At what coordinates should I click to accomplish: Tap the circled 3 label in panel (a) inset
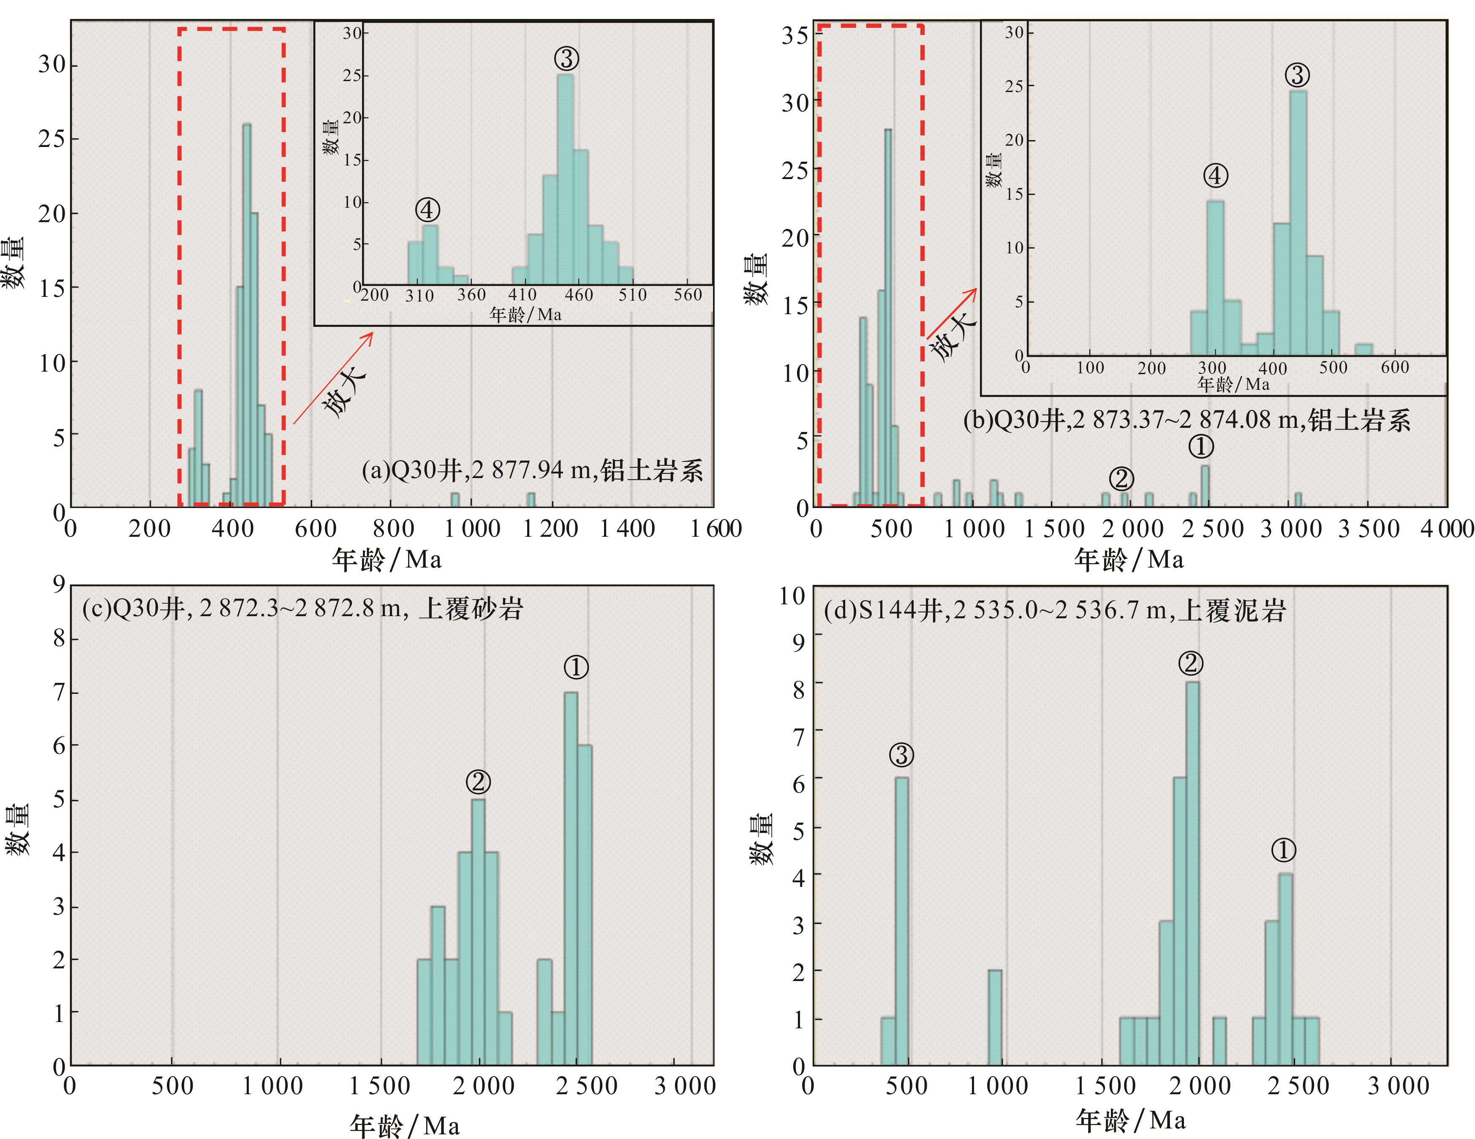[566, 59]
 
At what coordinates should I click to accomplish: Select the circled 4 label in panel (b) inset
[1215, 176]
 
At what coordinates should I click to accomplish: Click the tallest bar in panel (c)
[571, 878]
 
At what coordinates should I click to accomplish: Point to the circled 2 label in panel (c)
[478, 782]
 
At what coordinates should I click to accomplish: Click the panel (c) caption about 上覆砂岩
[302, 609]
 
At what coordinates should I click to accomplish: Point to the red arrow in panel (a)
[333, 378]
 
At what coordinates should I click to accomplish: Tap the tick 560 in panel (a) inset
[688, 295]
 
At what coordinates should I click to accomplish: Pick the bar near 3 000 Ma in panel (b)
[1298, 500]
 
